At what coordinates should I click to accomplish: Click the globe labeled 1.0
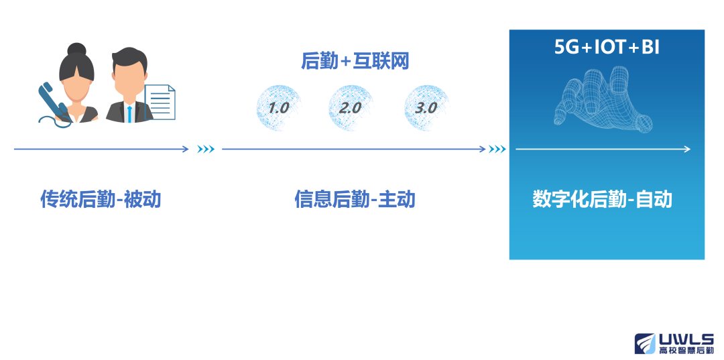279,108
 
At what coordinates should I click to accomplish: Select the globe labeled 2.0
351,108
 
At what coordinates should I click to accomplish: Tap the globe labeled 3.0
426,108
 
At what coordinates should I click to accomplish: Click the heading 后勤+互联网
355,62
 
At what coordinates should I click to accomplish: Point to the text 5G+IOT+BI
607,48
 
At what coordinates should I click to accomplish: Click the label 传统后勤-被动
101,199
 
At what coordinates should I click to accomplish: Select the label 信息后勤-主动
355,199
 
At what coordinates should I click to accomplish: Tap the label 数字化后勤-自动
602,199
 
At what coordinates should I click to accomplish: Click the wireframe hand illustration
603,98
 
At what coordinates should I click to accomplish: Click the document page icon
160,102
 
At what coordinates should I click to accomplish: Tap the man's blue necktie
130,113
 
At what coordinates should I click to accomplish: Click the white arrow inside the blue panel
603,149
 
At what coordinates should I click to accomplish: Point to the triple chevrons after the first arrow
206,149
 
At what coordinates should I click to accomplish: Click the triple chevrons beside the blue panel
497,149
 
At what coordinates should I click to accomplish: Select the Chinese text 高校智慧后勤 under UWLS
687,351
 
